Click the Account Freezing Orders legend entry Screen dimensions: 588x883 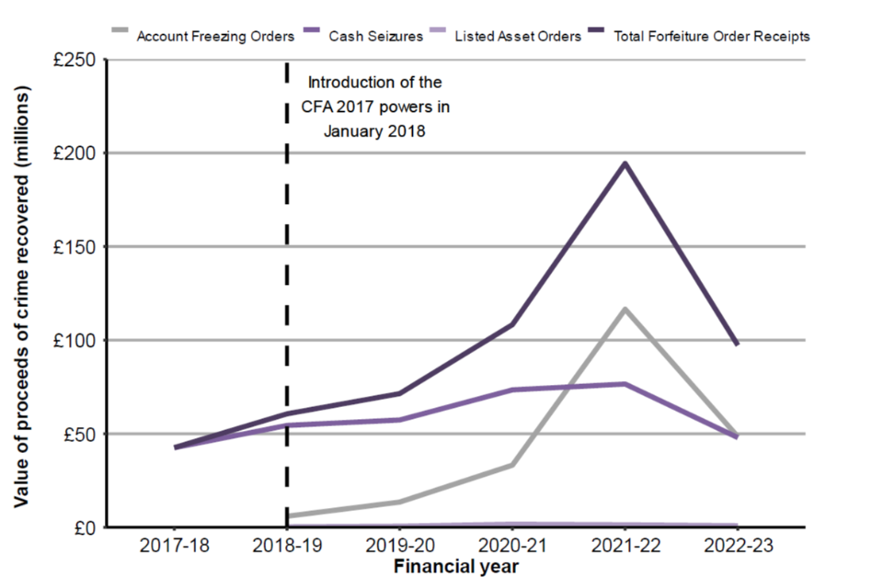[x=215, y=37]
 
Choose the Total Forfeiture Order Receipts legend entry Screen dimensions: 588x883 [x=729, y=37]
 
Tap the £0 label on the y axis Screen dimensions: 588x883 [x=84, y=527]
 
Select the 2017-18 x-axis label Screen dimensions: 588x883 [x=174, y=546]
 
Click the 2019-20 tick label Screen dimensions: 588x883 [x=400, y=546]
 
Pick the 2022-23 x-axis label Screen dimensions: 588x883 [x=739, y=546]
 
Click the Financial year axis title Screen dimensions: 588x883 [x=456, y=566]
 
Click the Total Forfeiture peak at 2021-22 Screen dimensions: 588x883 [x=625, y=164]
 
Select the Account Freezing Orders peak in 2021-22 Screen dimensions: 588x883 [x=625, y=309]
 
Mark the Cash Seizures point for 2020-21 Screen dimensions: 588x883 [x=512, y=390]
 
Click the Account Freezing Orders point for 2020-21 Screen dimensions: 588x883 [x=512, y=465]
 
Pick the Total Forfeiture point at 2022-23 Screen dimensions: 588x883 [x=738, y=345]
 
